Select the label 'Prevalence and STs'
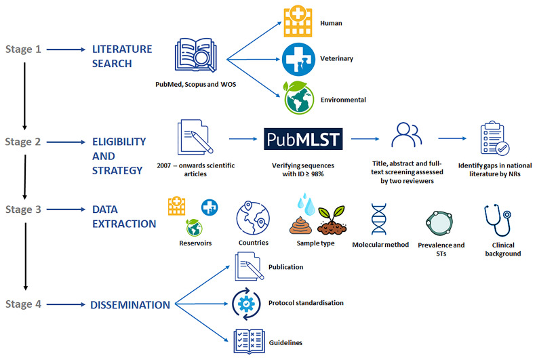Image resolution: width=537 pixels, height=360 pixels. (441, 249)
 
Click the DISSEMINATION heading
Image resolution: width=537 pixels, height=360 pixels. (130, 305)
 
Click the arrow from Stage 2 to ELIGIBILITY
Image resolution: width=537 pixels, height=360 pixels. (62, 142)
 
